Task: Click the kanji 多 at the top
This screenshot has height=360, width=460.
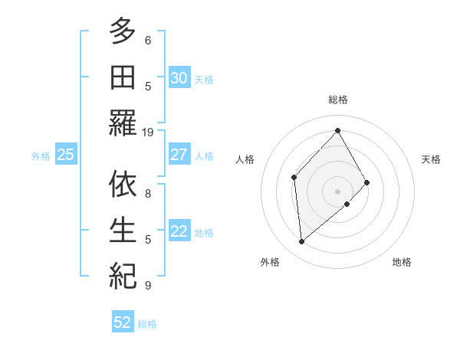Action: coord(122,33)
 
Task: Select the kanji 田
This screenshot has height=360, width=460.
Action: coord(122,77)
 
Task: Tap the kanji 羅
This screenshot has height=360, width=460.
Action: coord(122,123)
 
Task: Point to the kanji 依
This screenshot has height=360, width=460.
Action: coord(122,184)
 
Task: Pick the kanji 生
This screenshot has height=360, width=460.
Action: coord(122,229)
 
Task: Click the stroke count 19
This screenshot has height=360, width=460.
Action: coord(148,132)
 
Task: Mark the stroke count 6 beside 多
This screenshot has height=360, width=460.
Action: coord(148,41)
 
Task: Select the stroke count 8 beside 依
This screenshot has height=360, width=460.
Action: coord(148,193)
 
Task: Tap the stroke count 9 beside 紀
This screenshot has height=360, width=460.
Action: coord(148,285)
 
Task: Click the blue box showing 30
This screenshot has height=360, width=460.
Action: coord(179,78)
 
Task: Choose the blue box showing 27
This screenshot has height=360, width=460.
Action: coord(179,155)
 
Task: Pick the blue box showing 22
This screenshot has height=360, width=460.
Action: coord(179,231)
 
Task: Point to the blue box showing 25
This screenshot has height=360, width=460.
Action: coord(65,155)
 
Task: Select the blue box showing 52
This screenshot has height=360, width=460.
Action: coord(123,322)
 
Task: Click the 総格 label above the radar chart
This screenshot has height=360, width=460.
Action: coord(337,100)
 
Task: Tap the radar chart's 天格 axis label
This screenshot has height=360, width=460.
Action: coord(431,159)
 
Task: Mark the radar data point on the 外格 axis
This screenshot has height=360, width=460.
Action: coord(302,242)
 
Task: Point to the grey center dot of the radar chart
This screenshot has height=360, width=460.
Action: coord(337,190)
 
